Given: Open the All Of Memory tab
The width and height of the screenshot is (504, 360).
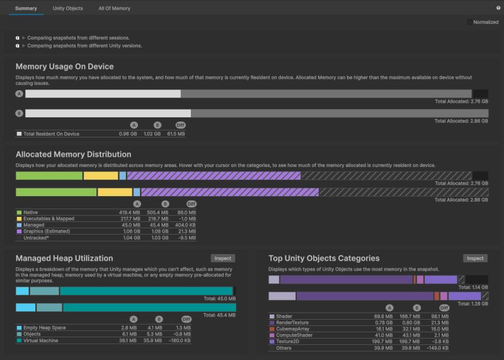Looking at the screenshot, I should coord(114,8).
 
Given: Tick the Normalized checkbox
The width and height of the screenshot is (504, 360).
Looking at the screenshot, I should coord(469,22).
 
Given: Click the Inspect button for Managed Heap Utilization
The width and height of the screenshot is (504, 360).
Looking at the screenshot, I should coord(223,258).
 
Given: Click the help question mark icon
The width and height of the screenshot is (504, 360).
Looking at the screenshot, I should coord(498,8).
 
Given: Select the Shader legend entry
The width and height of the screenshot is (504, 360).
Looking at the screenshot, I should coord(284,316).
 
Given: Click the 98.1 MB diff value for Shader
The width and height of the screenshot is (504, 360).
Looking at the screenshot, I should coord(440,316).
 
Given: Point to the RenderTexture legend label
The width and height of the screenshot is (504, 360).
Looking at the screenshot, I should coord(291,322).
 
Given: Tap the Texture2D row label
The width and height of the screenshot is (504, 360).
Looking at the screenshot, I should coord(288,341).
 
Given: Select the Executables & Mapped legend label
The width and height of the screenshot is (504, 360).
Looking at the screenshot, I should coord(49,219).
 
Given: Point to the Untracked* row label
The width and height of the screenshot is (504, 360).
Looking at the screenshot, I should coord(37,238).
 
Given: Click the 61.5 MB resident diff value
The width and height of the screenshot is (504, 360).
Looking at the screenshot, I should coord(176,134).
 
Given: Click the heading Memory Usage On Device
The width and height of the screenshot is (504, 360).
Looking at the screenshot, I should coord(64,66).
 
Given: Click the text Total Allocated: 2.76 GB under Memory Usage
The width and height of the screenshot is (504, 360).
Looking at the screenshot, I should coord(461,101).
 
